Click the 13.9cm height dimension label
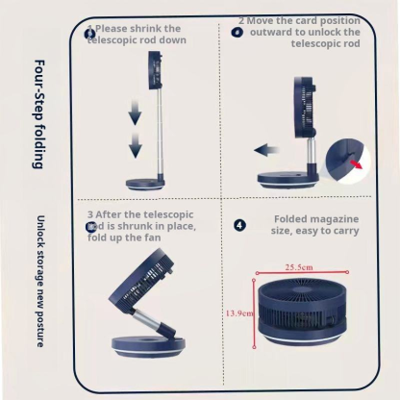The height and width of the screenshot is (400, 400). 238,312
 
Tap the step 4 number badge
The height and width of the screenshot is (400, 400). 239,225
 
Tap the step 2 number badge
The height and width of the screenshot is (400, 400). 237,32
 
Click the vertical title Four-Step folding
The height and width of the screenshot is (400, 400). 38,113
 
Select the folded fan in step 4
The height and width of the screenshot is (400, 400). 306,310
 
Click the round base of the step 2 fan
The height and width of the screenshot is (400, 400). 288,179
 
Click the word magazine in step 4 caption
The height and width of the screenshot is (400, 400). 328,219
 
